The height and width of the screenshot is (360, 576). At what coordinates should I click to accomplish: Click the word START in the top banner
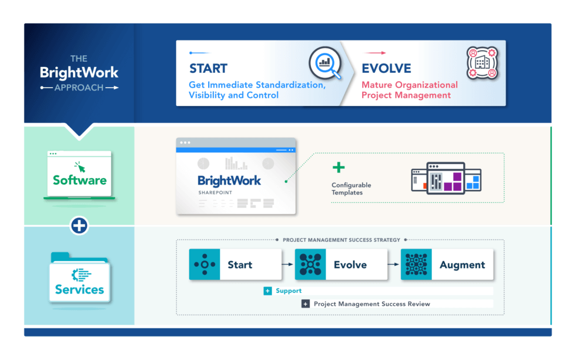[x=208, y=68]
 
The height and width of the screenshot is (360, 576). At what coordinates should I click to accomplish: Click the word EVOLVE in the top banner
[x=386, y=68]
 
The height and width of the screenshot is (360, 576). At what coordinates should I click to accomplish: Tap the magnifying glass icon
[x=325, y=63]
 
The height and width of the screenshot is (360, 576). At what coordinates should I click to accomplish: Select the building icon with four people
[x=481, y=63]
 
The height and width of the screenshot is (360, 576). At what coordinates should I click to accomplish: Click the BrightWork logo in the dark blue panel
[x=79, y=73]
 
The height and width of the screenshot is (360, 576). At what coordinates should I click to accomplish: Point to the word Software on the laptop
[x=79, y=180]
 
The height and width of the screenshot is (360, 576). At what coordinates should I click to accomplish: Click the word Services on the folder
[x=79, y=289]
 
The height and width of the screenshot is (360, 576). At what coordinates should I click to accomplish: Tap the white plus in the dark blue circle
[x=79, y=225]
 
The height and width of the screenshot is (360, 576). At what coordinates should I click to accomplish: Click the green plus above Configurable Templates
[x=339, y=168]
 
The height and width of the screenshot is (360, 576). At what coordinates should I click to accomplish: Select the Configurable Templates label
[x=351, y=189]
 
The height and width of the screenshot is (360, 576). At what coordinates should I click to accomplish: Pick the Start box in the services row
[x=235, y=265]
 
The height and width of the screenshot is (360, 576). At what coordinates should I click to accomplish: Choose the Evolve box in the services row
[x=341, y=265]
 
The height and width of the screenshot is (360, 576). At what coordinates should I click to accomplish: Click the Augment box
[x=447, y=265]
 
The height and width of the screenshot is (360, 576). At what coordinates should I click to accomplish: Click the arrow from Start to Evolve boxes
[x=288, y=265]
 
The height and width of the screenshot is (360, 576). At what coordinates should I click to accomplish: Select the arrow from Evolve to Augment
[x=394, y=265]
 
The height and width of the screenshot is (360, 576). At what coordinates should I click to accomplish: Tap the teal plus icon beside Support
[x=268, y=291]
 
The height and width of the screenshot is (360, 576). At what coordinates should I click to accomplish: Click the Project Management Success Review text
[x=371, y=304]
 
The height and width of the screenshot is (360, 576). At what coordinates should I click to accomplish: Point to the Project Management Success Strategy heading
[x=341, y=240]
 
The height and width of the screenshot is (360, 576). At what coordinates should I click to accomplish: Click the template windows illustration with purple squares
[x=446, y=178]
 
